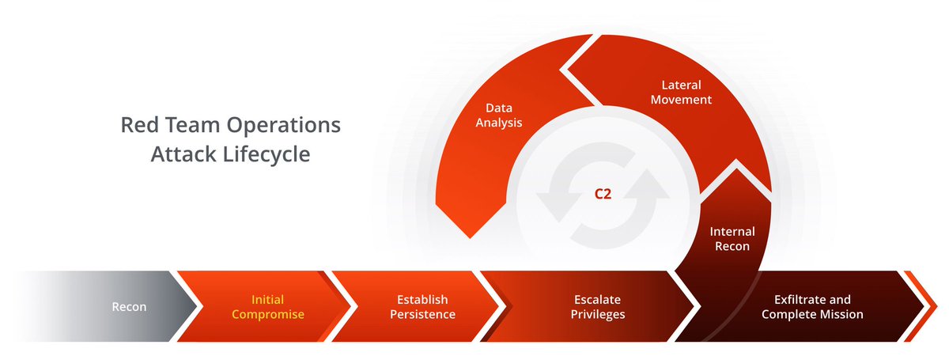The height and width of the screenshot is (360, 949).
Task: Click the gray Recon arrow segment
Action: (127, 307)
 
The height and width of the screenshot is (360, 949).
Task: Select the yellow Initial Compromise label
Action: (267, 307)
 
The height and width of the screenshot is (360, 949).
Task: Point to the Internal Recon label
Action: (732, 239)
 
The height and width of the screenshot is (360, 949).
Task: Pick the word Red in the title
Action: (136, 125)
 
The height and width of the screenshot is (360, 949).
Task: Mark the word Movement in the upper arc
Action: (686, 100)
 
